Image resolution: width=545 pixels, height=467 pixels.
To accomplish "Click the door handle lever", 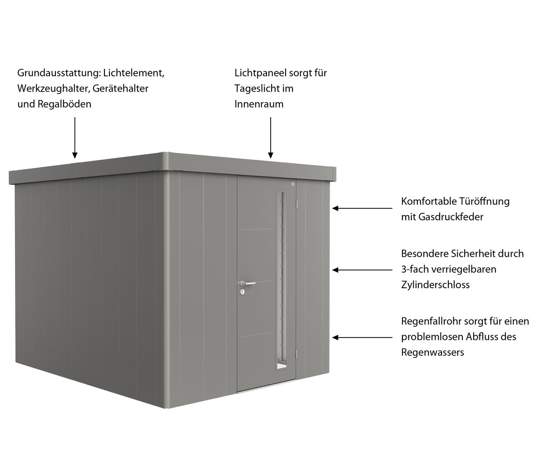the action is tap(248, 283).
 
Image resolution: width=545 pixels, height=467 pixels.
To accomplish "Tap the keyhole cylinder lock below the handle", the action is tap(243, 292).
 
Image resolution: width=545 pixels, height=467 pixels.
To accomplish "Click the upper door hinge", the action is tap(297, 203).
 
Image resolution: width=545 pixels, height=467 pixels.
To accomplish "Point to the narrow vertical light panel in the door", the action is tap(282, 280).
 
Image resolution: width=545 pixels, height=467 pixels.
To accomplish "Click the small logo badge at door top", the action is tap(292, 184).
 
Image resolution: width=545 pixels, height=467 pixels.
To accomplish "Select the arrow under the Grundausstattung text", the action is tap(75, 138).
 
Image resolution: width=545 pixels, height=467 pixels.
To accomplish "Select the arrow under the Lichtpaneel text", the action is tap(271, 138).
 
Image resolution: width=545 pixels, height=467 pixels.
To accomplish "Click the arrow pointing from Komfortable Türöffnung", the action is tap(362, 208).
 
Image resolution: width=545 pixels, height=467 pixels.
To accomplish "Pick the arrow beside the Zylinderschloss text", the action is tap(362, 270).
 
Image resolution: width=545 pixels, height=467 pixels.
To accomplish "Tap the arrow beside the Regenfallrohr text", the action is tap(362, 337).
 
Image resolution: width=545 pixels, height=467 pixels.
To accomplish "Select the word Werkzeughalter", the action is tap(54, 89).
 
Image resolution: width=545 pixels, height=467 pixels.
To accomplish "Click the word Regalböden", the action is tap(64, 104).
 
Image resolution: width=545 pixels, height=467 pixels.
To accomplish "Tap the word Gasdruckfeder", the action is tap(451, 217).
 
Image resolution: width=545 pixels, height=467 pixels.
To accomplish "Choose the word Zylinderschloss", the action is tap(436, 285).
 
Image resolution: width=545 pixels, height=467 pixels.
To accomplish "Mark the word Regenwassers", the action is tap(433, 353).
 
